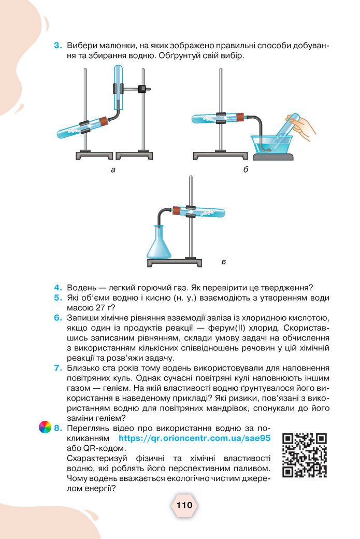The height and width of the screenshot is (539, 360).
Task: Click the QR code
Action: coord(305,455)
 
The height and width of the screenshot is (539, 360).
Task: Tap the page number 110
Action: coord(184,505)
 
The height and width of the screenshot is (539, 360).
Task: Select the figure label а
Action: coord(112,169)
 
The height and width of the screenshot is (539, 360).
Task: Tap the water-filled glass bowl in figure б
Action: coord(272,144)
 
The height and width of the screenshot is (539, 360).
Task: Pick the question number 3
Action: coord(57,46)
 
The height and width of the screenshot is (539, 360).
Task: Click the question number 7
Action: coord(57,368)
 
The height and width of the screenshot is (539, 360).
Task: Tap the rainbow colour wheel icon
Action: coord(45,428)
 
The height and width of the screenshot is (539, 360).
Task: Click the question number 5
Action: coord(57,297)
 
